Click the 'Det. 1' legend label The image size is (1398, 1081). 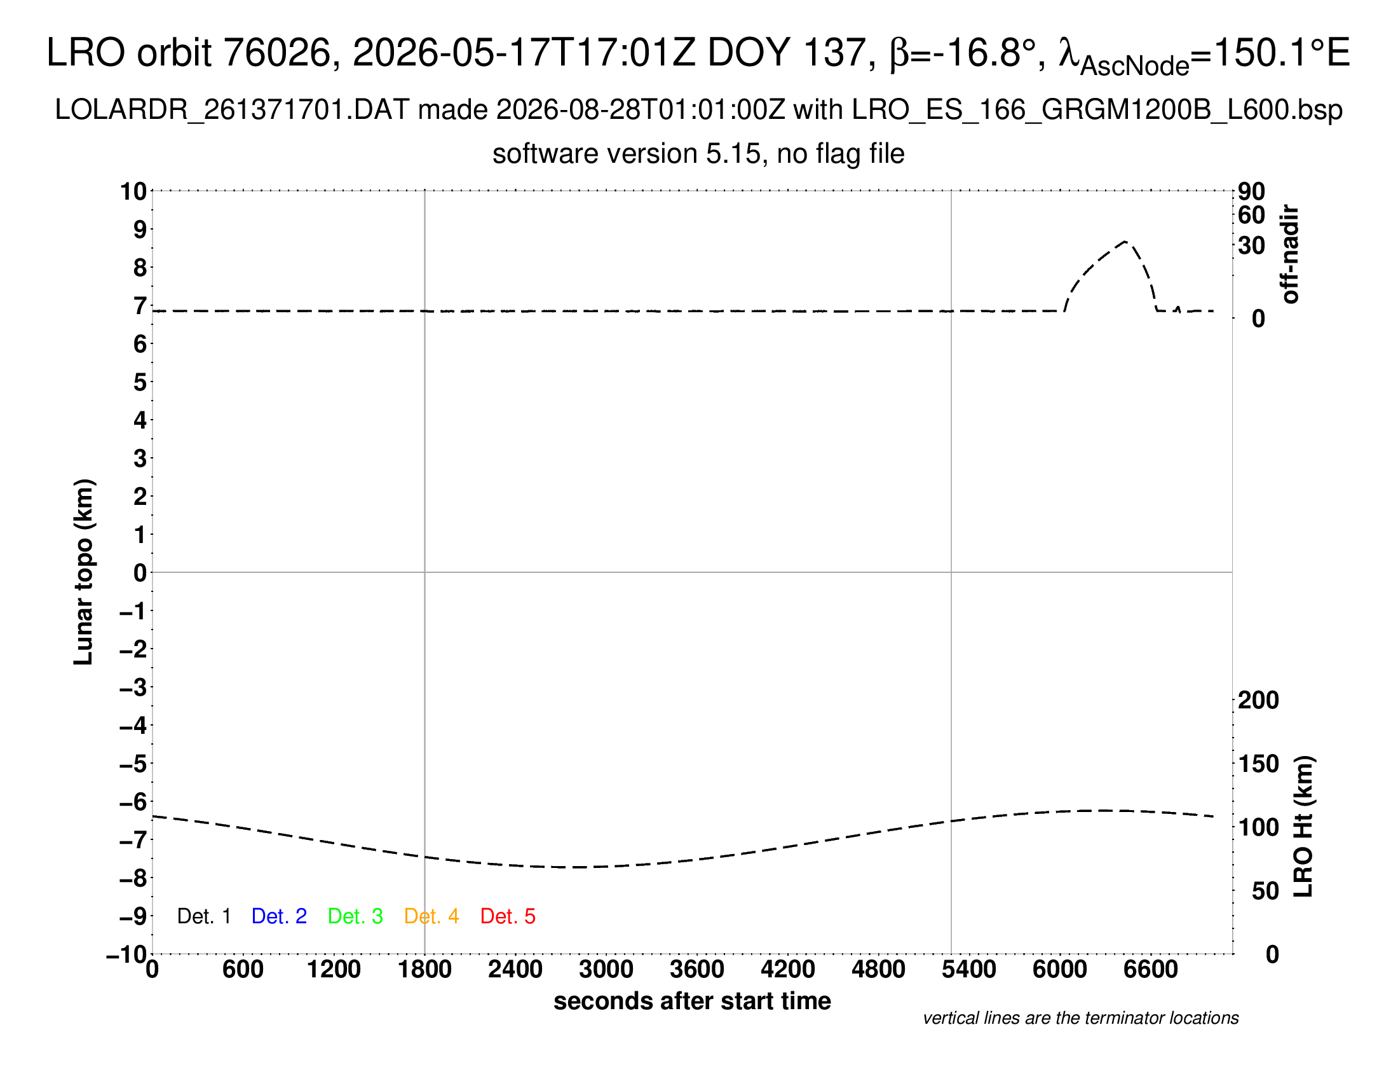click(x=203, y=916)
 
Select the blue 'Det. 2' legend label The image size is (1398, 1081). click(x=279, y=916)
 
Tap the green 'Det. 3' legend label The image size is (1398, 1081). click(x=355, y=916)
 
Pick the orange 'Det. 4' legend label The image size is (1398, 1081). click(x=431, y=916)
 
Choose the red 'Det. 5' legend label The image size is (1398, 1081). click(x=508, y=916)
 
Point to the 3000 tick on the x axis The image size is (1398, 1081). click(x=606, y=970)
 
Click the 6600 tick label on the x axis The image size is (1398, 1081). click(x=1150, y=970)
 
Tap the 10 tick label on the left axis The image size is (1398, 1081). click(x=134, y=191)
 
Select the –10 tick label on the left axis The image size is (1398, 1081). click(x=126, y=955)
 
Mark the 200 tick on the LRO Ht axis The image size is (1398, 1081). click(x=1258, y=700)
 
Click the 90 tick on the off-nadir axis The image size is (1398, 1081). click(x=1251, y=191)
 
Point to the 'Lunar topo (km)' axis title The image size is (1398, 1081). click(x=84, y=572)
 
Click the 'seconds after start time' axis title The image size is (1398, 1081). click(x=692, y=1001)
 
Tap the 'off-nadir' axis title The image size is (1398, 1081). click(x=1290, y=254)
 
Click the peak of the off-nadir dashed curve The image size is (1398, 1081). click(x=1125, y=241)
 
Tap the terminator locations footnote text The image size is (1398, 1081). click(x=1080, y=1018)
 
